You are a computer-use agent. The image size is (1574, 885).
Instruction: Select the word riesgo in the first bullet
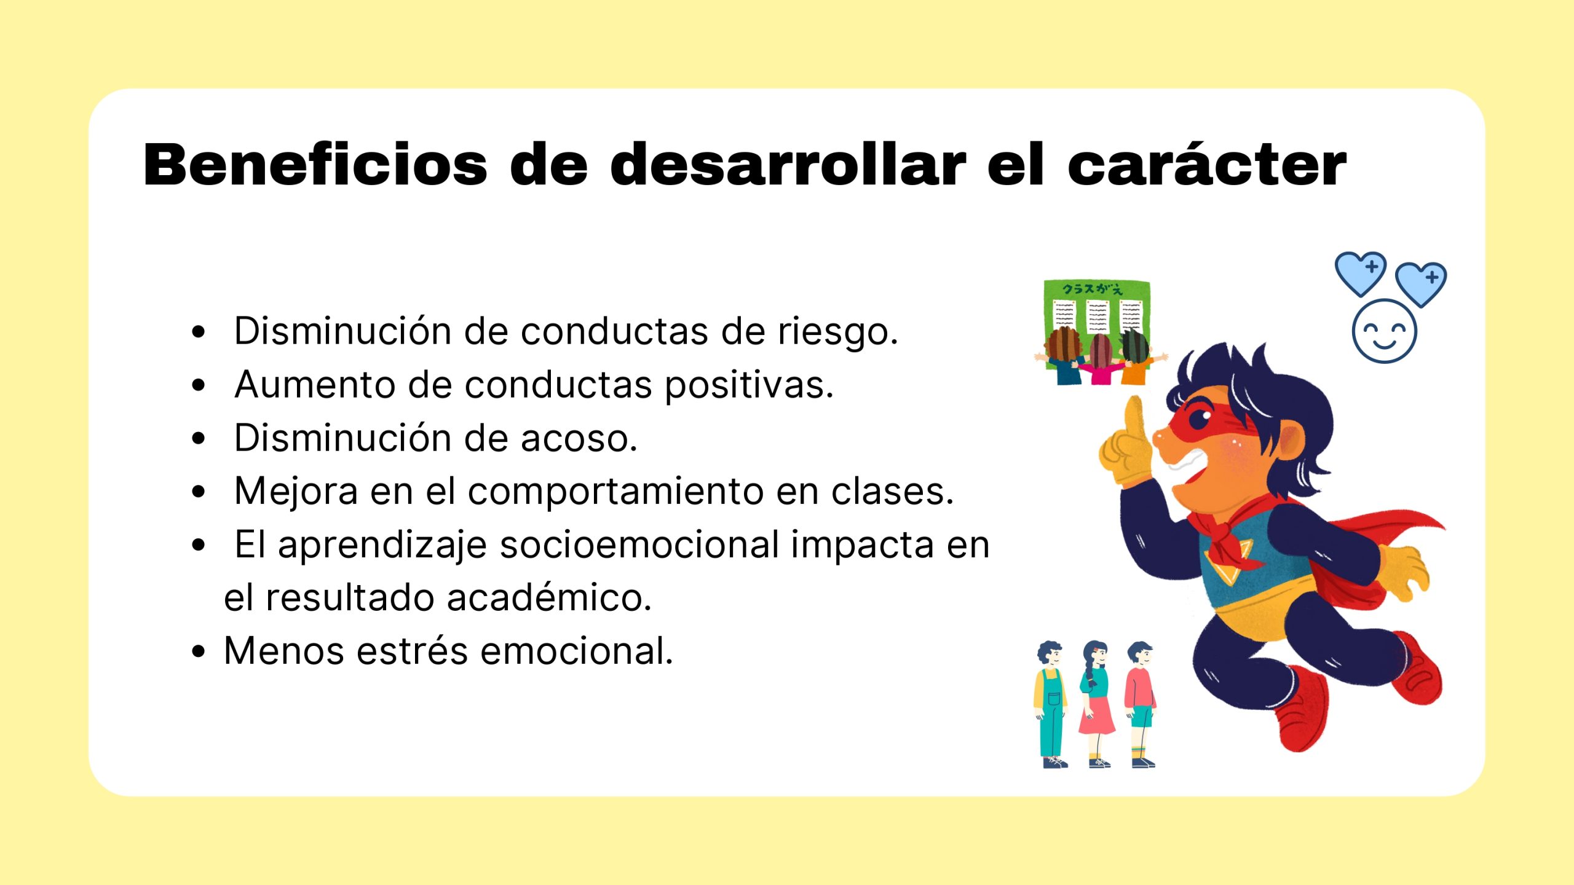[838, 332]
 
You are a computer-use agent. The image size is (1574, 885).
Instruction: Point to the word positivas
[749, 386]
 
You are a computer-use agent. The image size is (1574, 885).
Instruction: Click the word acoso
[579, 438]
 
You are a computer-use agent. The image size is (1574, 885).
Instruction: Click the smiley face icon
[1384, 331]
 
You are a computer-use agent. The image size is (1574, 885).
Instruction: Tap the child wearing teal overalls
[1051, 704]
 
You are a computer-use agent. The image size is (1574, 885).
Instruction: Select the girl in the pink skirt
[1097, 704]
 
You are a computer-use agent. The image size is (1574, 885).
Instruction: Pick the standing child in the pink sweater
[1141, 704]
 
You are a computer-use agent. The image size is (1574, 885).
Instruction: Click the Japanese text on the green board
[1093, 289]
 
